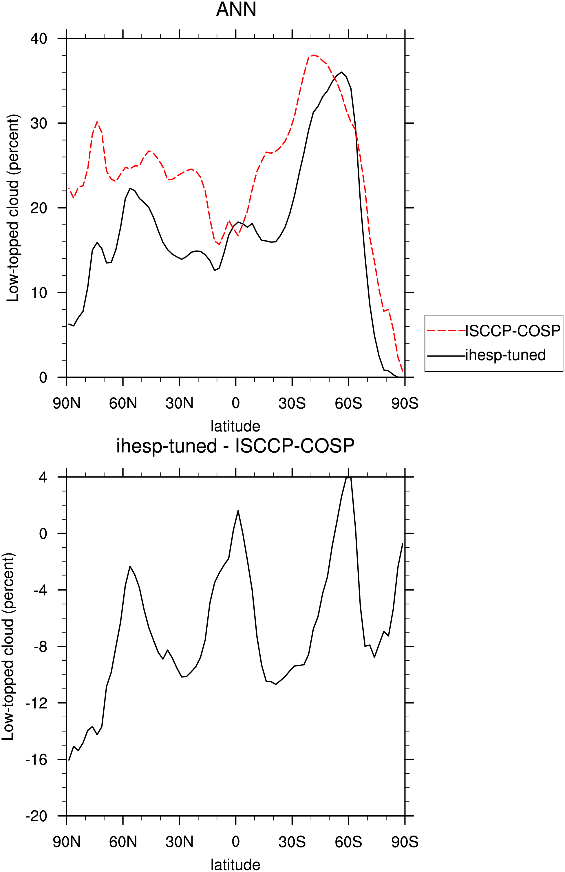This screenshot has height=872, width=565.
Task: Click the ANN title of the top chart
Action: click(236, 9)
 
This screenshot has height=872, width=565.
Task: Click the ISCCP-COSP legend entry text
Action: click(513, 331)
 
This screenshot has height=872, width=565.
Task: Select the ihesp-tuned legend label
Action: click(506, 355)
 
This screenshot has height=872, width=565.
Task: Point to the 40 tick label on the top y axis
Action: click(39, 39)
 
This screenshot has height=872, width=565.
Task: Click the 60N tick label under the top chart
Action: click(123, 403)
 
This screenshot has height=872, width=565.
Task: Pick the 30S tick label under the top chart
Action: click(292, 403)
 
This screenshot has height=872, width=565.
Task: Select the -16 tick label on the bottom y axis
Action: click(36, 760)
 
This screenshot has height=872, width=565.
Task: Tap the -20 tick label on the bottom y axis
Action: click(36, 816)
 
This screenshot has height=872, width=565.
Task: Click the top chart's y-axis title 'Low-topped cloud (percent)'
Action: click(13, 208)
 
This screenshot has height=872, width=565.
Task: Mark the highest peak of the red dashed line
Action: click(313, 55)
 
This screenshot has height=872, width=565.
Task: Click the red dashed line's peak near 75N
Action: click(97, 122)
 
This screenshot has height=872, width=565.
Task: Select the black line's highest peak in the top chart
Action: click(341, 72)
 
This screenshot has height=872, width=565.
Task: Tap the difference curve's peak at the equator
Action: click(238, 510)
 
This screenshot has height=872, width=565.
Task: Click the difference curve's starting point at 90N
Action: click(69, 760)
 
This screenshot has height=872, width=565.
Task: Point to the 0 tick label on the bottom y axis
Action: click(43, 534)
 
